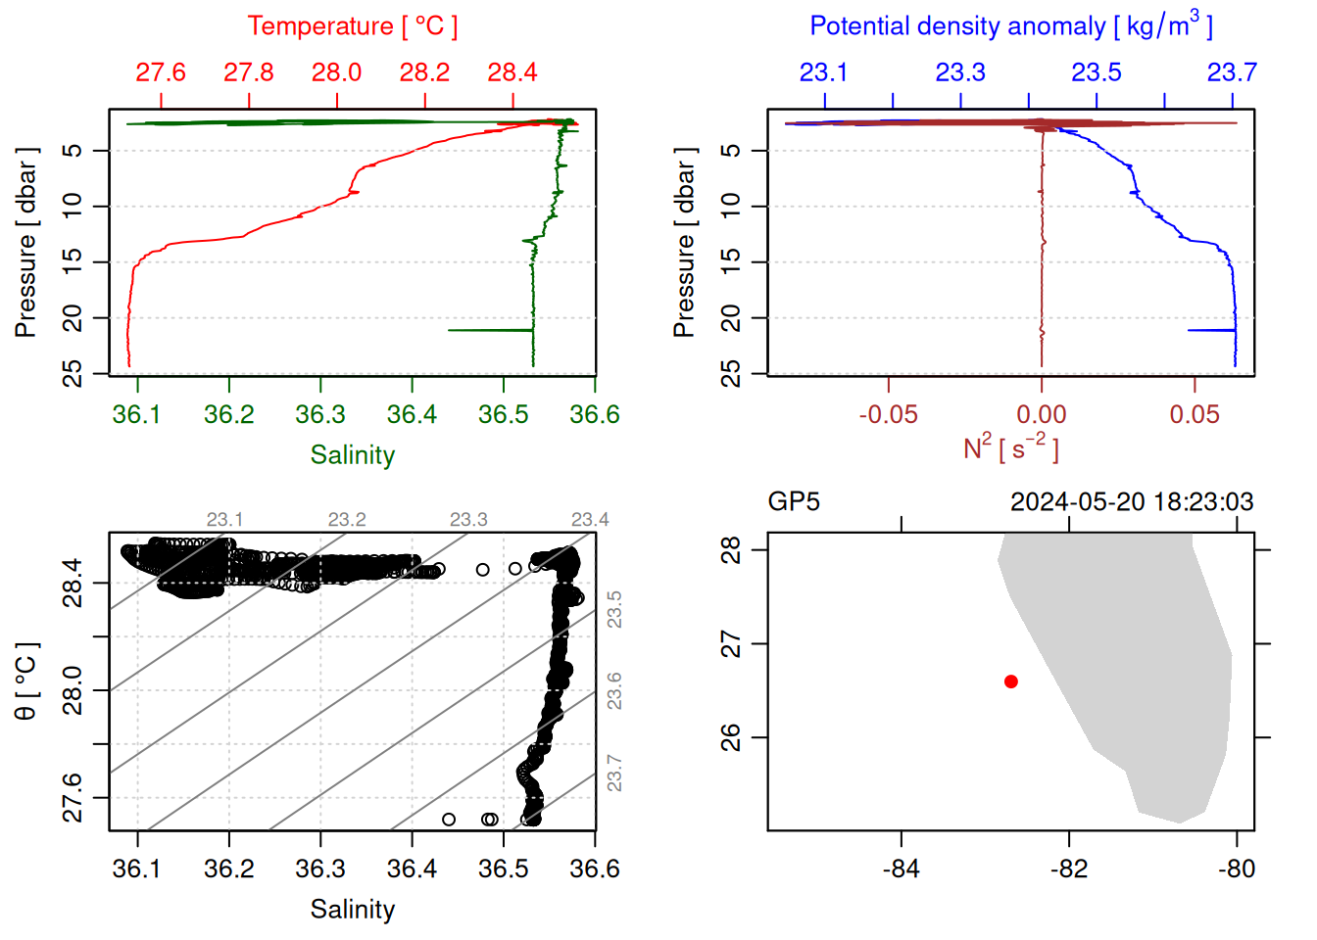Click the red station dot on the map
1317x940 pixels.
coord(1011,681)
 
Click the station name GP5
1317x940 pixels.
coord(794,502)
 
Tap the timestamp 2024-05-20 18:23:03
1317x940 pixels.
coord(1132,502)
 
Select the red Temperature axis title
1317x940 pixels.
coord(353,26)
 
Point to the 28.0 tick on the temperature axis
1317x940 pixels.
coord(337,72)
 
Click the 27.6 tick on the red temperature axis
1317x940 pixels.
coord(161,72)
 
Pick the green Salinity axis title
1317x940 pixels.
coord(353,455)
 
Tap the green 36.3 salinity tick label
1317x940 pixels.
coord(320,415)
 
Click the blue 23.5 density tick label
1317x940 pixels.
coord(1097,72)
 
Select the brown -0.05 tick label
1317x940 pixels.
coord(889,415)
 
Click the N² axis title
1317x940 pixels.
coord(1011,448)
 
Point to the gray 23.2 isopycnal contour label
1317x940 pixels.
coord(347,520)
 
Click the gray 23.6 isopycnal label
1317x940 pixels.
coord(614,691)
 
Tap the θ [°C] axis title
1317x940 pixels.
coord(26,681)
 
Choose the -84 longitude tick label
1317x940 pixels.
coord(902,869)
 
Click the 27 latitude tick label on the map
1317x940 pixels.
coord(731,644)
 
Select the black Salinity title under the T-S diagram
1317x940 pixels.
coord(353,910)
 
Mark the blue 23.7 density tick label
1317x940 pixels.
coord(1232,72)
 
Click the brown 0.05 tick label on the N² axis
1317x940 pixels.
coord(1195,415)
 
